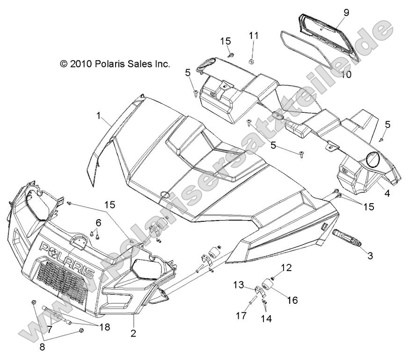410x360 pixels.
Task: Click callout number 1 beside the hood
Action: (x=99, y=115)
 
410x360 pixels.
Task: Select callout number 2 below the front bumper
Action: (x=133, y=333)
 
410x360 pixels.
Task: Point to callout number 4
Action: (x=387, y=192)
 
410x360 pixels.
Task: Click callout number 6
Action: (x=98, y=221)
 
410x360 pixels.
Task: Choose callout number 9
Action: (x=346, y=12)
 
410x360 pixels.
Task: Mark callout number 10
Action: (x=346, y=74)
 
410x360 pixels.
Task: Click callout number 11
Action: (x=253, y=36)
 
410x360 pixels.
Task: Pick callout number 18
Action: (x=104, y=327)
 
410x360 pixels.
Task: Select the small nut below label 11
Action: (x=251, y=61)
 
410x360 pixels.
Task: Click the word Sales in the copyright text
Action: (x=138, y=64)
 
